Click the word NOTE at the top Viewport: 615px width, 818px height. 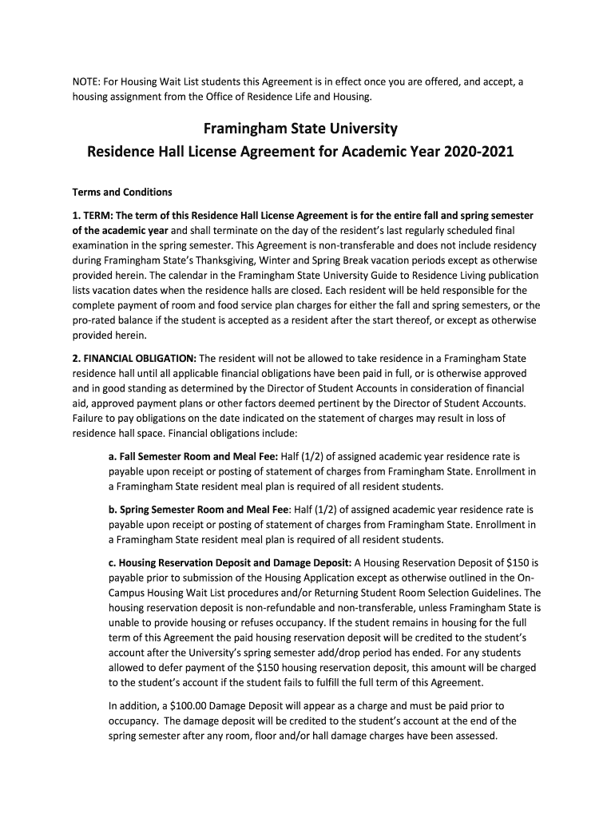pyautogui.click(x=86, y=82)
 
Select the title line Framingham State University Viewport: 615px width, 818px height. pyautogui.click(x=300, y=128)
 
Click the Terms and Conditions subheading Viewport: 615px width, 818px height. pyautogui.click(x=122, y=193)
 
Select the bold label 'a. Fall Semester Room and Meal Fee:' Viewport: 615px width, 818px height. pyautogui.click(x=192, y=456)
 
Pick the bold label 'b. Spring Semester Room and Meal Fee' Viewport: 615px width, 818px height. pyautogui.click(x=199, y=509)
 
